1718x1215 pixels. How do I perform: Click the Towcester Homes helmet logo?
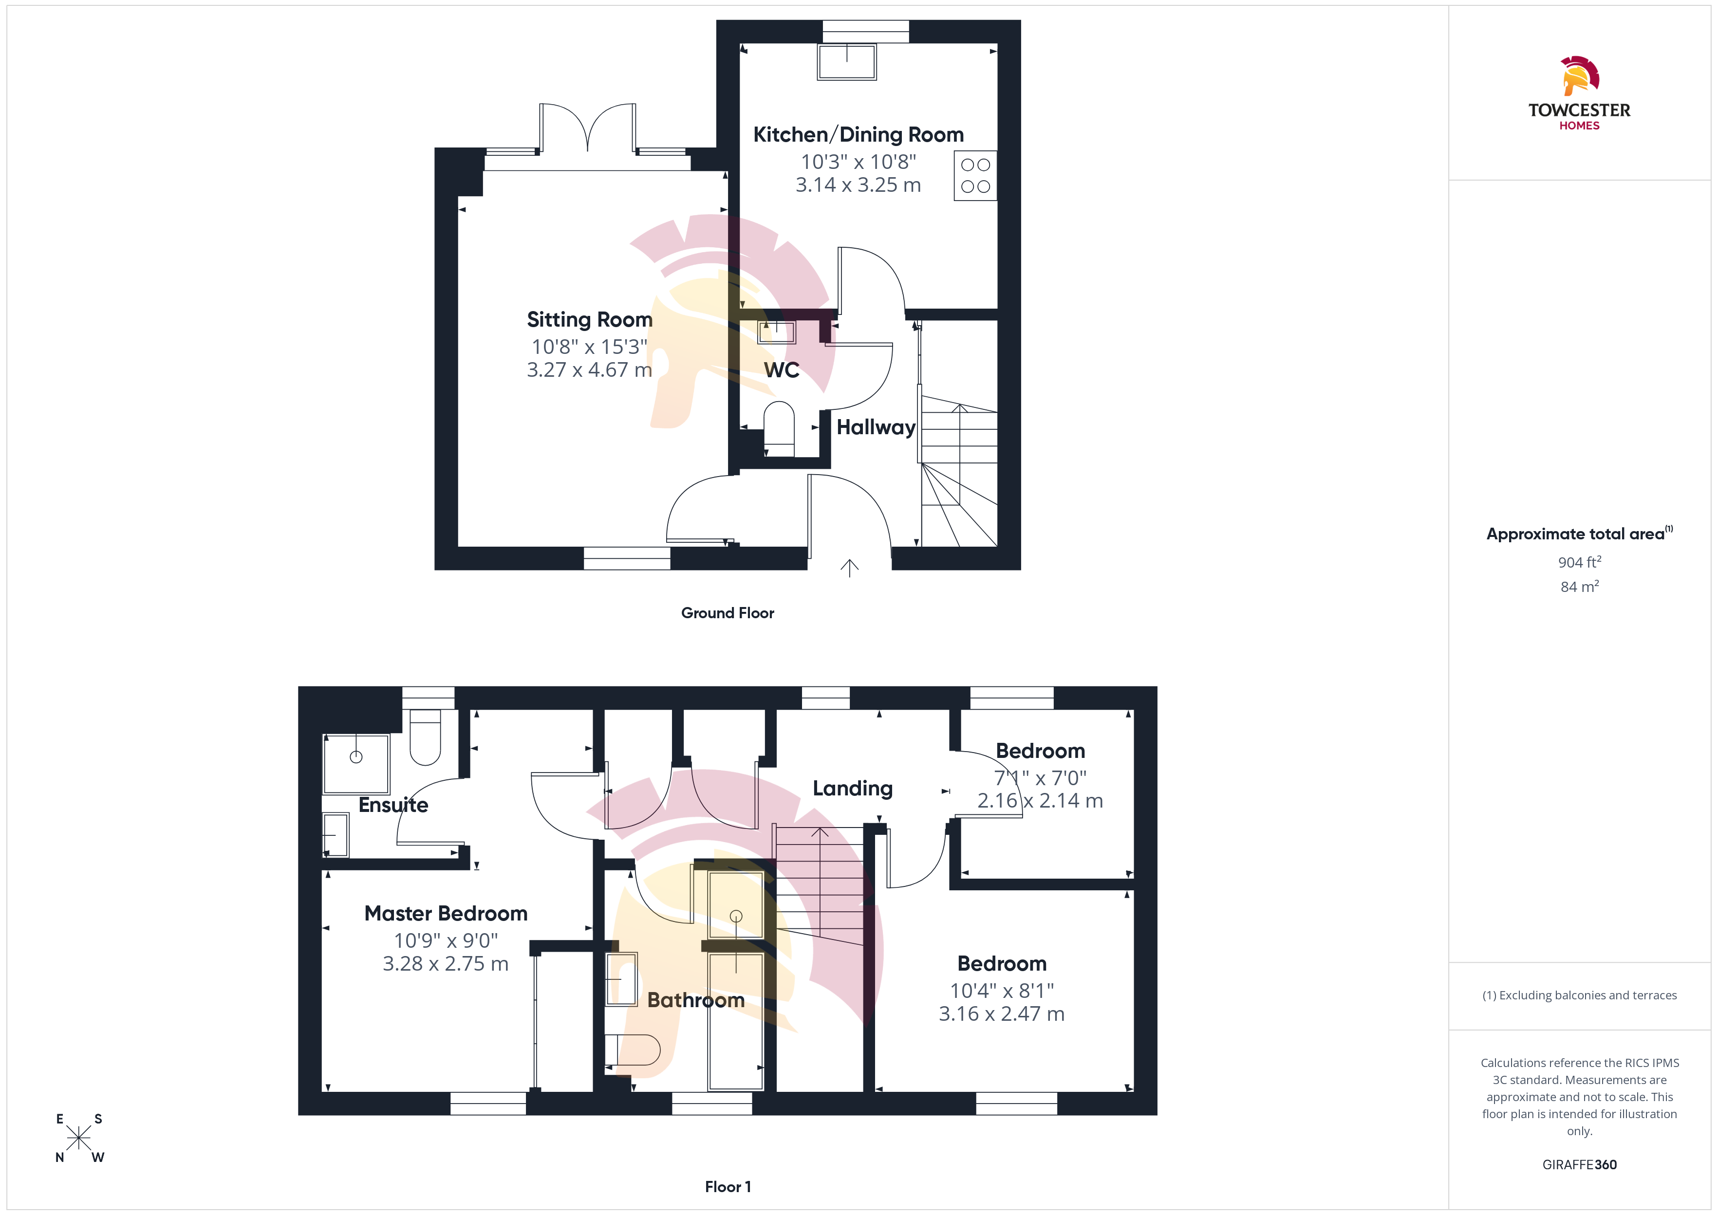point(1580,75)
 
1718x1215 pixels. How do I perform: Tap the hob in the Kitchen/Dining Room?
point(975,176)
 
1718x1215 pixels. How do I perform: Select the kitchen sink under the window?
point(847,61)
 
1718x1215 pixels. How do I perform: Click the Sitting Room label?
point(590,319)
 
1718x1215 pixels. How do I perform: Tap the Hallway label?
point(876,427)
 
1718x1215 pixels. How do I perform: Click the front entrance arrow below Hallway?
point(849,568)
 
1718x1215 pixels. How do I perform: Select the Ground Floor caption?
point(728,613)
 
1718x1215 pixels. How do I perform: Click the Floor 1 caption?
point(728,1187)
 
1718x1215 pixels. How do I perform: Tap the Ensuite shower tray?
point(356,764)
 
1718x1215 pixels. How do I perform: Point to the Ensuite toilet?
point(425,737)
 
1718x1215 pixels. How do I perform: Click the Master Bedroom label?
point(446,914)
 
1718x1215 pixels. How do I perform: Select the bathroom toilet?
point(632,1049)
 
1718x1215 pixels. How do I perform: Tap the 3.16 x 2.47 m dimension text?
point(1001,1014)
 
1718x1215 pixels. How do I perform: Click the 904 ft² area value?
point(1580,562)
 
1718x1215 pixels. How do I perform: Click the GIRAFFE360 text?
point(1580,1165)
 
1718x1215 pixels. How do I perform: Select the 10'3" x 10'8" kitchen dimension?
point(858,162)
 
